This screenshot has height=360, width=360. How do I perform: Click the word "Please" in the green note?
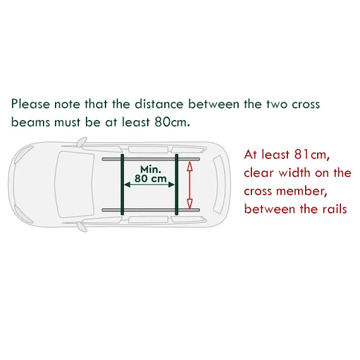point(30,104)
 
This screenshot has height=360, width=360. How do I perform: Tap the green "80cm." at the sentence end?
point(172,122)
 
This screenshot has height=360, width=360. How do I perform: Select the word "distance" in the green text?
point(159,104)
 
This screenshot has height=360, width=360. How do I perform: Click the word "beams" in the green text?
point(30,122)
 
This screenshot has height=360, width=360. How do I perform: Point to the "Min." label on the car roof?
point(150,169)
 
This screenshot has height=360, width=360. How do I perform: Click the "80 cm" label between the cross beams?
point(150,179)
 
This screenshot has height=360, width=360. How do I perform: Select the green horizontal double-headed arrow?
point(149,184)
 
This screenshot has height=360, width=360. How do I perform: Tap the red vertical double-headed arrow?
point(189,185)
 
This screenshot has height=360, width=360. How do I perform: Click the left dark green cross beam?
point(123,184)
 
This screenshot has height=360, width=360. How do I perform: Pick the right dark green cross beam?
point(177,184)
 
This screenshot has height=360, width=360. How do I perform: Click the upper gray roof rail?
point(150,159)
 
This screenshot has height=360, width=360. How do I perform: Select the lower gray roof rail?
point(150,210)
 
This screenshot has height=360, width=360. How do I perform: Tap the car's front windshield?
point(75,184)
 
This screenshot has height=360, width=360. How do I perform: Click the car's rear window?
point(218,184)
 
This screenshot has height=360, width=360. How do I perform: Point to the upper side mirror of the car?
point(81,142)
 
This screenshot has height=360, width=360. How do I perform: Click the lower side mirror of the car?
point(82,227)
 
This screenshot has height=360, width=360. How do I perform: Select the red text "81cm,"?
point(312,155)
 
